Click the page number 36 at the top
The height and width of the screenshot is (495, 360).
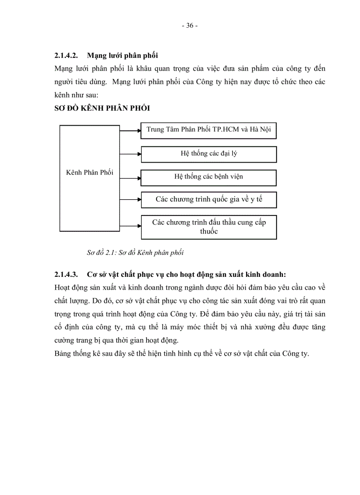tap(189, 26)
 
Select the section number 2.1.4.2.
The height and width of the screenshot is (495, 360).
tap(66, 56)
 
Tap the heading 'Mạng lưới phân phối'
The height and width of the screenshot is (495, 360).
tap(123, 56)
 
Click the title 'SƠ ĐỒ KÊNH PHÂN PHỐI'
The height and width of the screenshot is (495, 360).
tap(103, 108)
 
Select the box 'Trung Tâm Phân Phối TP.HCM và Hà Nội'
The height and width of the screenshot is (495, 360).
tap(209, 130)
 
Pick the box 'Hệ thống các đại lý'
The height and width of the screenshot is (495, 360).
tap(209, 154)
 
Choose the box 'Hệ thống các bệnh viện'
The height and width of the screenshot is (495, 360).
tap(209, 177)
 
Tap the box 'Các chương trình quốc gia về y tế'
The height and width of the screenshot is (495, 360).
tap(209, 200)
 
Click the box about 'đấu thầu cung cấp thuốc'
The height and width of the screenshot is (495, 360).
tap(209, 227)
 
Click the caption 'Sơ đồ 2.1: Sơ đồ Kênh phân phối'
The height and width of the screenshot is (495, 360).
tap(135, 253)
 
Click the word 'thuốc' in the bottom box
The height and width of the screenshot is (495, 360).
tap(209, 231)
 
